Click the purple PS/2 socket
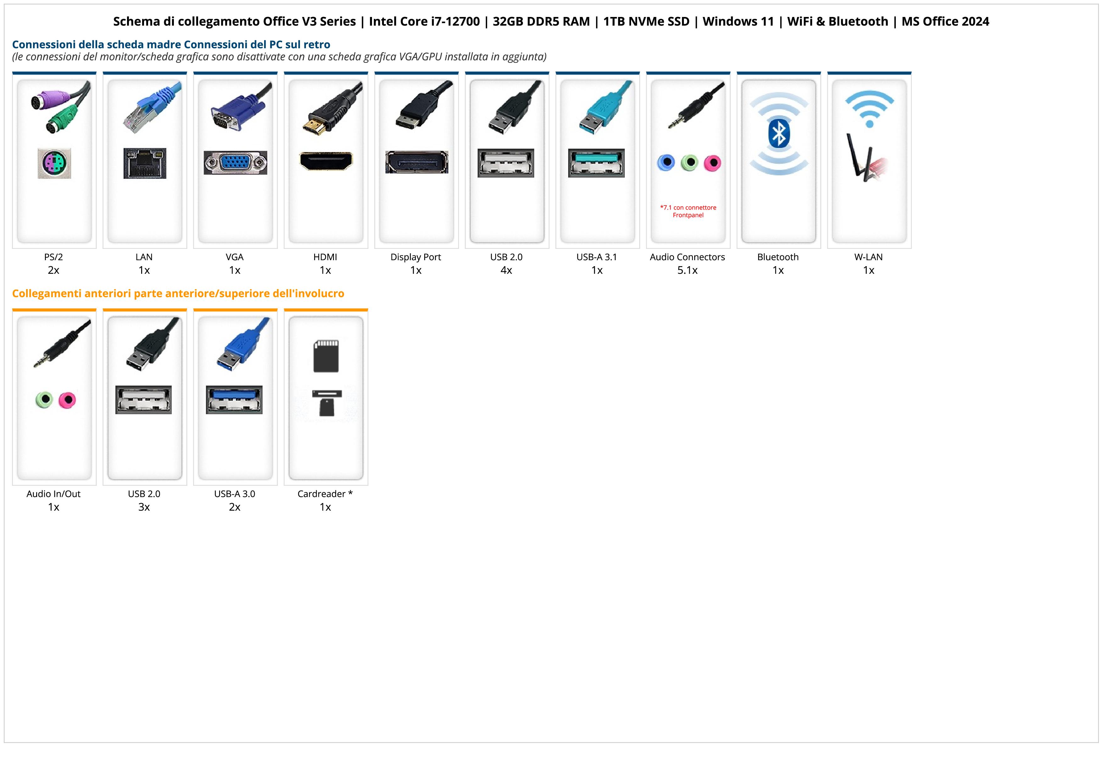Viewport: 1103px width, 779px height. click(x=54, y=164)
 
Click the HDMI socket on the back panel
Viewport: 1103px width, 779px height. click(x=326, y=161)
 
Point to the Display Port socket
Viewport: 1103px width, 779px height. click(x=417, y=162)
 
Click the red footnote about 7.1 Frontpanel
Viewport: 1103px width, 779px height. click(x=688, y=211)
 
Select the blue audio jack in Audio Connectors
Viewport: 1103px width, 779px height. click(x=666, y=163)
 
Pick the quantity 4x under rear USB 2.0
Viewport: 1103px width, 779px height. click(x=506, y=270)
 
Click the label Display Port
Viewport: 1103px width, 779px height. click(x=416, y=257)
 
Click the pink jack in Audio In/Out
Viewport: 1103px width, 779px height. click(x=67, y=400)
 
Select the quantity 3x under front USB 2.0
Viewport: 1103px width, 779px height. click(x=144, y=507)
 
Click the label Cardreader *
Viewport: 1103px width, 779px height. click(x=325, y=494)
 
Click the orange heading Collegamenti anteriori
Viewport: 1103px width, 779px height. click(x=178, y=293)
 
